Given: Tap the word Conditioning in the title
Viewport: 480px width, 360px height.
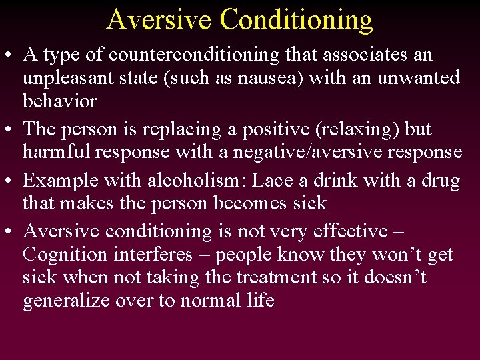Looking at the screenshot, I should [297, 20].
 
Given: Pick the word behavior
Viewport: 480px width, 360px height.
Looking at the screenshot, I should [60, 101].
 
